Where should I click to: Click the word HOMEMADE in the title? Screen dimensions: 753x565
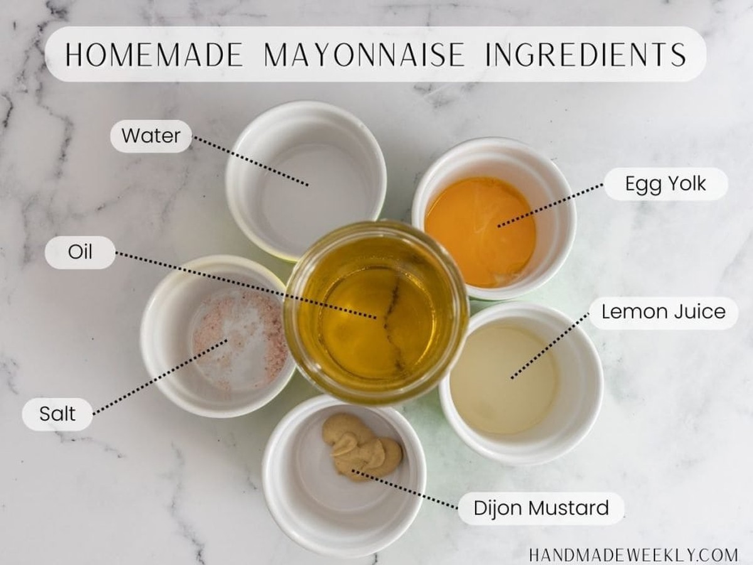click(x=154, y=54)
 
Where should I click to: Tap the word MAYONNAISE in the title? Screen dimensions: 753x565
click(x=365, y=54)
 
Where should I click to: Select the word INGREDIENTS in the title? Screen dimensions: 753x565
click(x=586, y=54)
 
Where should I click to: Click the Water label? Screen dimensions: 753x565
click(x=151, y=136)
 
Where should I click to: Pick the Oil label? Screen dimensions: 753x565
click(x=80, y=252)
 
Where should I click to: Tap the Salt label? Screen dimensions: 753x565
click(x=57, y=414)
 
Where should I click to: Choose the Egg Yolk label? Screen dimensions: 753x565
click(x=666, y=183)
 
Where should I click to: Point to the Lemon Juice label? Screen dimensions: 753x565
click(x=663, y=313)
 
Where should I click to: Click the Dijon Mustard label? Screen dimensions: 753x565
click(x=541, y=508)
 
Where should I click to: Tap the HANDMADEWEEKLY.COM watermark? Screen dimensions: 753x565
click(x=633, y=555)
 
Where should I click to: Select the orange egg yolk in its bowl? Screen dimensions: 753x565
click(x=479, y=232)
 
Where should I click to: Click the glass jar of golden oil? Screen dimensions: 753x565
click(x=376, y=313)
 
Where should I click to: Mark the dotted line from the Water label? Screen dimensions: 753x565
click(x=250, y=161)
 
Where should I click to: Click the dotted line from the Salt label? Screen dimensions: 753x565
click(x=160, y=376)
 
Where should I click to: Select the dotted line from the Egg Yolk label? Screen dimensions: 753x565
click(x=550, y=205)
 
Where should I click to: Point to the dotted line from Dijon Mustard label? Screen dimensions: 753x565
click(x=405, y=490)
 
